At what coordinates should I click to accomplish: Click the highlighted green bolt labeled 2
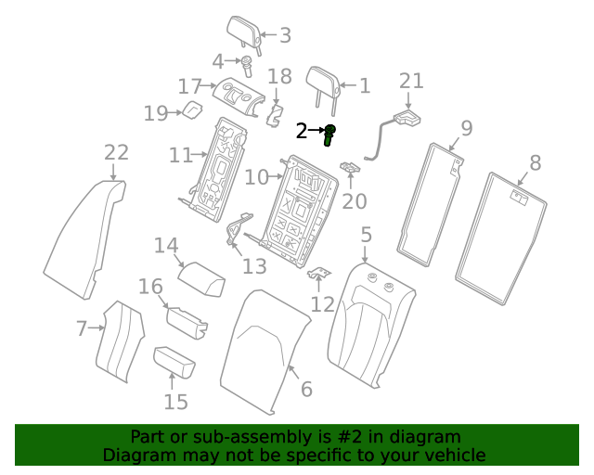[329, 135]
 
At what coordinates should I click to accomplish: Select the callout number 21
[411, 82]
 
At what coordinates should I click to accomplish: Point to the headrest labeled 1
[324, 82]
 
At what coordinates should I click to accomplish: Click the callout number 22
[116, 152]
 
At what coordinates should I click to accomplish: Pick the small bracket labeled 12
[320, 276]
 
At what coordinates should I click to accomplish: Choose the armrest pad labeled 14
[202, 276]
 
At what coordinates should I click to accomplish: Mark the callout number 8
[535, 164]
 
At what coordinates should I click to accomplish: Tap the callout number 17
[189, 86]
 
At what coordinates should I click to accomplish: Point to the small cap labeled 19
[193, 111]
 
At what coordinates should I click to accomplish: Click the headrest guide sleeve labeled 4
[248, 66]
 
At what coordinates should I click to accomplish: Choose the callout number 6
[306, 390]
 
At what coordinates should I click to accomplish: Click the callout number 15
[175, 402]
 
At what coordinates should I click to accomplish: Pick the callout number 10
[256, 176]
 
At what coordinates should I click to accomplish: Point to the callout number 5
[366, 235]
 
